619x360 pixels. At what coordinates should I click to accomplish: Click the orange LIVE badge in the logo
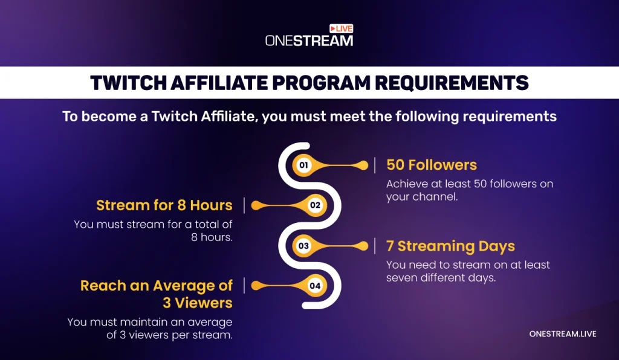342,28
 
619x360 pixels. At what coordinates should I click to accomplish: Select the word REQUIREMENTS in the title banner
452,83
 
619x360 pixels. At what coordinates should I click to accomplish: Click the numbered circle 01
303,165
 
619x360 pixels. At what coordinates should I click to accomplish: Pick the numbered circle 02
315,205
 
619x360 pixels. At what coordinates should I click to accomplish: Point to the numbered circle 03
303,246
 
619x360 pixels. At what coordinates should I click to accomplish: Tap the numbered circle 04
315,286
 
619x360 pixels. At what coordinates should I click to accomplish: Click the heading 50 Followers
432,165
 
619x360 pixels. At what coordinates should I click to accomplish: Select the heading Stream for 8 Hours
164,205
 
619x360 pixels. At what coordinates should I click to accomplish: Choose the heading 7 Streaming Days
450,246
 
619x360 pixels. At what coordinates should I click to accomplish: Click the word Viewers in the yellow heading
204,303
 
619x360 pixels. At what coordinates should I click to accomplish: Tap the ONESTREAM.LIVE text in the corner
563,334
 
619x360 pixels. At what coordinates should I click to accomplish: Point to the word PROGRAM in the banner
321,83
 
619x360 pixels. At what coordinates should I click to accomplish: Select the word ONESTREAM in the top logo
309,40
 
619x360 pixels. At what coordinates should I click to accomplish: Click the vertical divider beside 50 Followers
375,165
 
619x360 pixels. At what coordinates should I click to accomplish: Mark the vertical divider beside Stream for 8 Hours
244,205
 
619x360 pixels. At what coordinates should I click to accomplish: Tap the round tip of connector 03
363,246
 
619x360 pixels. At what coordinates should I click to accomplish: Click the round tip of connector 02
256,205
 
